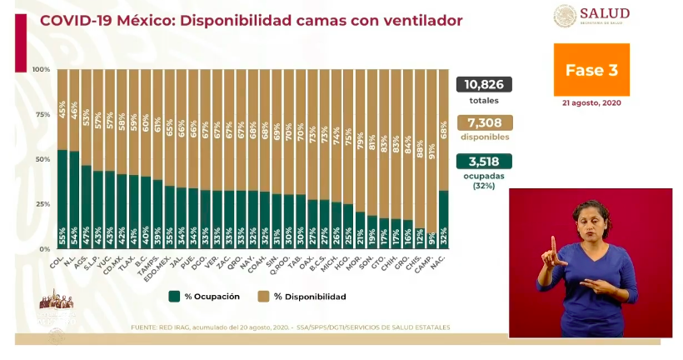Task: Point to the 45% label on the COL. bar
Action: click(x=62, y=109)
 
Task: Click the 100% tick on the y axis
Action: click(x=41, y=69)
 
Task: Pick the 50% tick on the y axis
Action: click(x=42, y=159)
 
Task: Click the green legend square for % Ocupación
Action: click(x=174, y=296)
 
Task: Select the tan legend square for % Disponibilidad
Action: click(x=262, y=296)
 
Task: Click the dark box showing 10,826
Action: click(x=483, y=84)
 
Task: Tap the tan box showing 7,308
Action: click(x=483, y=122)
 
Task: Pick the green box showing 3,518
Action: click(x=483, y=162)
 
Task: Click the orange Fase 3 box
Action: click(x=591, y=70)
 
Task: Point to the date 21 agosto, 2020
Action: click(x=591, y=102)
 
